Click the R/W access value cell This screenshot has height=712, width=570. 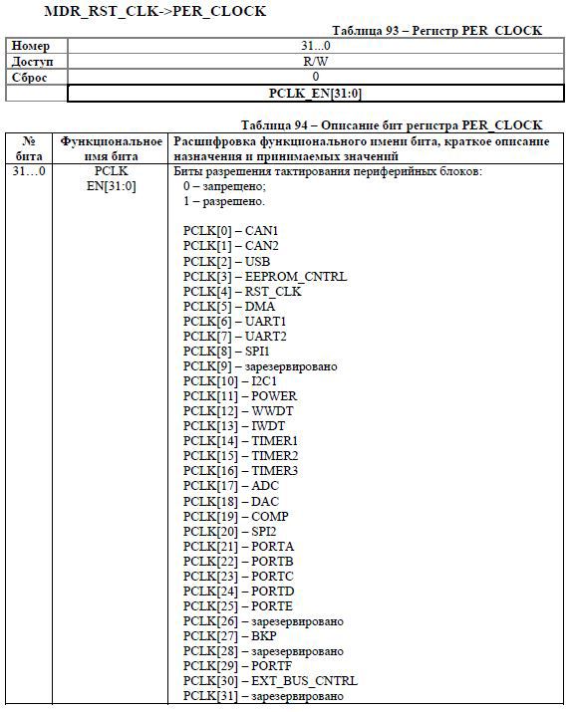315,61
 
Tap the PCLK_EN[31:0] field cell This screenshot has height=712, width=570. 315,93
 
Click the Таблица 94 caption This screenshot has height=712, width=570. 392,125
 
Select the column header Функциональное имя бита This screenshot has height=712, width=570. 112,148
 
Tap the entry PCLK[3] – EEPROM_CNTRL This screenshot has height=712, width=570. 265,276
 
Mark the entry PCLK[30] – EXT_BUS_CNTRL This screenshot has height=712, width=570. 270,680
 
